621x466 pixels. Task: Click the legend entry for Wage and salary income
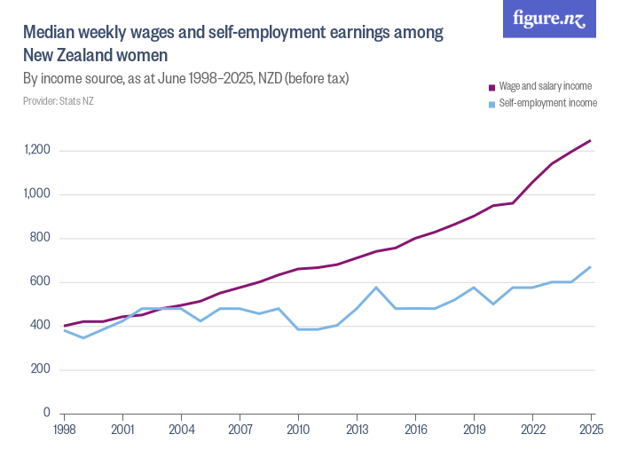click(x=545, y=86)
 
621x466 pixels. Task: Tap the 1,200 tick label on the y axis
click(x=38, y=150)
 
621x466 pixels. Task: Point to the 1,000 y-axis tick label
click(x=38, y=194)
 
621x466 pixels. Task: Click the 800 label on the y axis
click(x=42, y=238)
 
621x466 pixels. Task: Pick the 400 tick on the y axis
click(x=42, y=326)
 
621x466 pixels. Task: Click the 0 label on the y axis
click(x=48, y=414)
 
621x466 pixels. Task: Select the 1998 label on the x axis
click(x=64, y=430)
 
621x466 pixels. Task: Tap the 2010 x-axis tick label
click(x=298, y=430)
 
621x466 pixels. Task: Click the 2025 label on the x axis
click(x=590, y=430)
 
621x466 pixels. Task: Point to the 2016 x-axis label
click(x=415, y=430)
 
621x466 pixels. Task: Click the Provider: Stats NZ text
click(x=58, y=101)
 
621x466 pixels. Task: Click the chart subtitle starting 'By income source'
click(x=185, y=79)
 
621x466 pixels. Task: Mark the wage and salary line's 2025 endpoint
click(x=590, y=140)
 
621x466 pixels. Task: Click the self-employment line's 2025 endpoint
click(x=590, y=267)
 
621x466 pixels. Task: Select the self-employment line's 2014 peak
click(x=376, y=288)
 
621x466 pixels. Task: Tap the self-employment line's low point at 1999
click(x=83, y=337)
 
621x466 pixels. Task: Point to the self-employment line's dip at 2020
click(x=493, y=304)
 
